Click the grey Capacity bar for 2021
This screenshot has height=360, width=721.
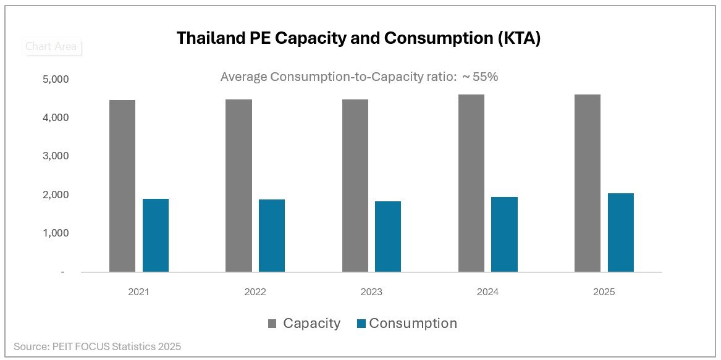(x=122, y=185)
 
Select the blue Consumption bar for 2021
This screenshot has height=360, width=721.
(x=156, y=235)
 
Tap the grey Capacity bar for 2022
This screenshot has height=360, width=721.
(x=238, y=185)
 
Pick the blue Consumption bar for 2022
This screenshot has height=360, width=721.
(x=272, y=235)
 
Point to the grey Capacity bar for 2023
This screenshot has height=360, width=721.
(x=355, y=185)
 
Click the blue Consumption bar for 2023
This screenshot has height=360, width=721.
(x=388, y=237)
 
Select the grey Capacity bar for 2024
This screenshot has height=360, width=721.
(x=471, y=183)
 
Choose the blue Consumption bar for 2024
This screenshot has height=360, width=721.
(x=505, y=234)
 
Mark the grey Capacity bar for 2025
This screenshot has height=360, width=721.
(x=588, y=183)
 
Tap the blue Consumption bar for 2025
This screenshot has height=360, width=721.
(x=621, y=232)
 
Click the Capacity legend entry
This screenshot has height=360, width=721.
(x=304, y=323)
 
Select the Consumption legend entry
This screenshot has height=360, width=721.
(x=407, y=323)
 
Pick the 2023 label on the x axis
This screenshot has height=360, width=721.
(x=372, y=292)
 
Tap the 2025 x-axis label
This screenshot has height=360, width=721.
(x=604, y=292)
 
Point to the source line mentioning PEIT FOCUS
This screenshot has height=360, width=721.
(x=98, y=346)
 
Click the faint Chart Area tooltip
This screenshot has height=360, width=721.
(x=51, y=46)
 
